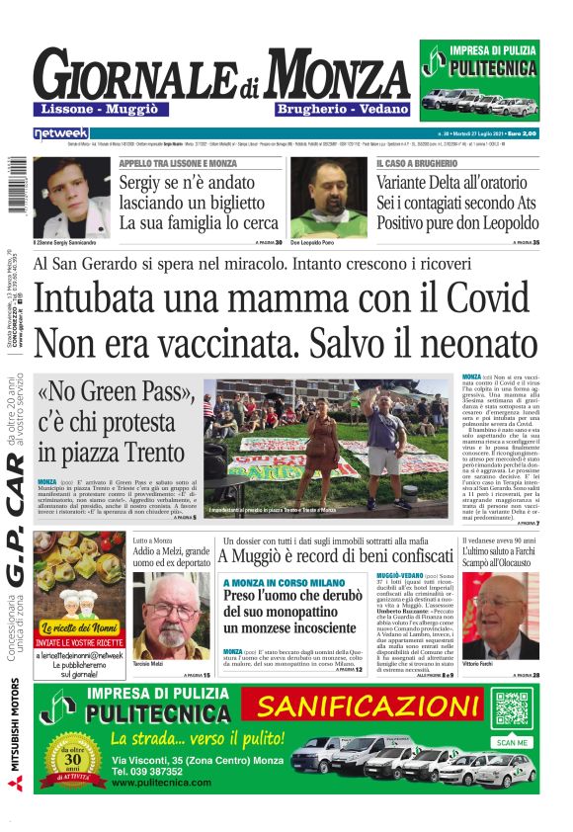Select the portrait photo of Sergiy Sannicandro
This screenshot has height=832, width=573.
click(70, 196)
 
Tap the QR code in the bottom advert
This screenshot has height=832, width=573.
click(512, 709)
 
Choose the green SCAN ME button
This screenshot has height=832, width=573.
click(512, 742)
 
